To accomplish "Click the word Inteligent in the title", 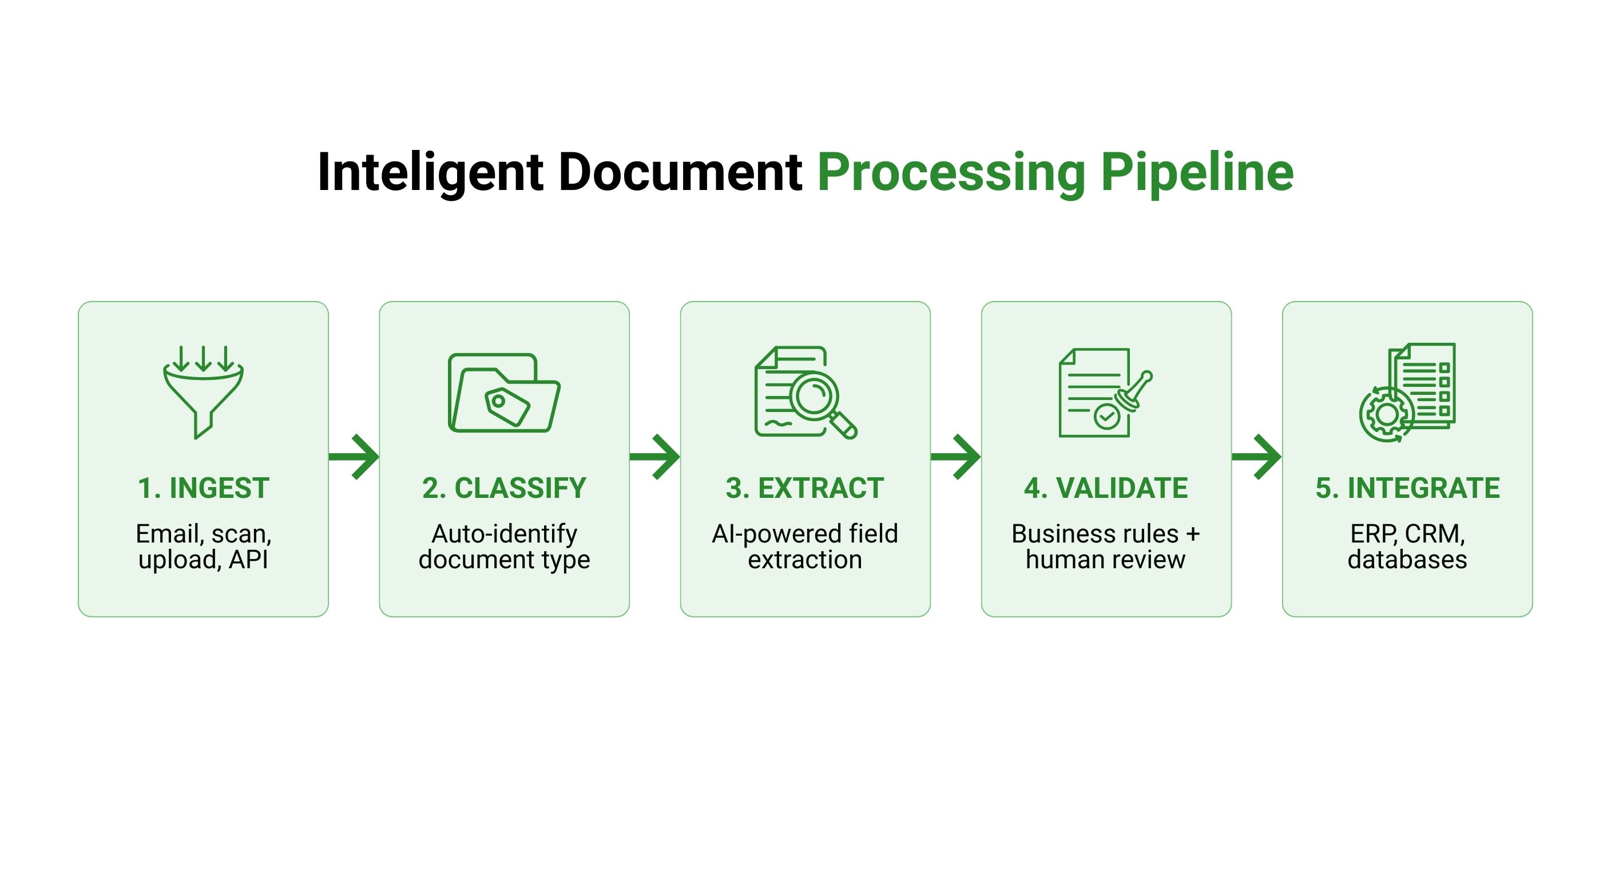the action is (x=430, y=173).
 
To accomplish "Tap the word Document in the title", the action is (x=680, y=172).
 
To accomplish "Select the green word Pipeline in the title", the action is (x=1197, y=173).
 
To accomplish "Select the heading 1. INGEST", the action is (x=204, y=488).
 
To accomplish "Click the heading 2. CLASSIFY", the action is (x=504, y=488).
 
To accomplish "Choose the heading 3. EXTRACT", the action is (x=805, y=488).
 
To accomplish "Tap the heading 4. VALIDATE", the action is (x=1106, y=488).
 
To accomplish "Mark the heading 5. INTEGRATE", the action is (x=1407, y=488).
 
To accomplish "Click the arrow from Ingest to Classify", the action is (x=354, y=457).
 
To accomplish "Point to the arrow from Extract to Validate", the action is (x=955, y=457).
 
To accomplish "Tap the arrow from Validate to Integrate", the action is (x=1256, y=457).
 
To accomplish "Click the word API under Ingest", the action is (x=248, y=559).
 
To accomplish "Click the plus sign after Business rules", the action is (x=1193, y=534).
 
